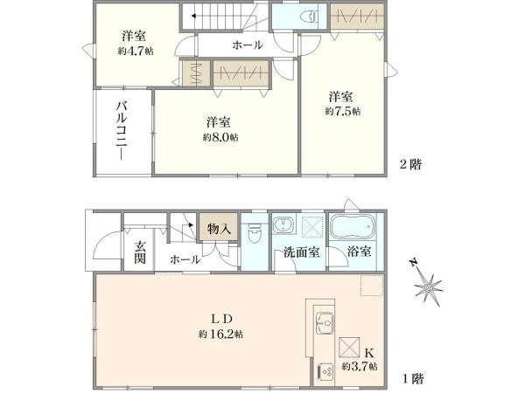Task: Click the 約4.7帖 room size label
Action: pos(133,52)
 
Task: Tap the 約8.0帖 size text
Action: pos(220,137)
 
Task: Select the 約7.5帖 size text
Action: pos(342,111)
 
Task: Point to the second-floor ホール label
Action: pos(247,45)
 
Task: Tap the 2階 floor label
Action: pos(410,163)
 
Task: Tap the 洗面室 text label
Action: pos(299,252)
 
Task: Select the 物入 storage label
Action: pos(218,230)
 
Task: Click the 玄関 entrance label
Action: pos(140,251)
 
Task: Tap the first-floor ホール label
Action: pos(184,259)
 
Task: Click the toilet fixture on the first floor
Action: pos(255,234)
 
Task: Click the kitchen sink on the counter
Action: pos(321,321)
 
